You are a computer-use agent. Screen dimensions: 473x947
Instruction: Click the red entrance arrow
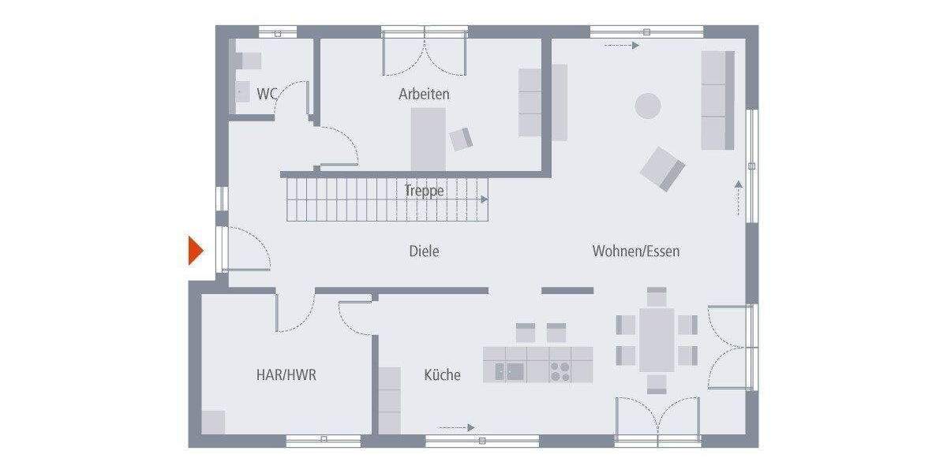coord(195,251)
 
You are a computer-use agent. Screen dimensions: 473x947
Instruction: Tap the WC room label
coord(267,94)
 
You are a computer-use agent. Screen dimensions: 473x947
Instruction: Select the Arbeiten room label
coord(424,94)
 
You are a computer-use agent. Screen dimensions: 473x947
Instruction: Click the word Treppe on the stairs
coord(424,190)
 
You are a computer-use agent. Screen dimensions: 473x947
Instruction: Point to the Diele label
coord(424,251)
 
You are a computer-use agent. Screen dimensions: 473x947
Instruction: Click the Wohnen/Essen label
coord(636,251)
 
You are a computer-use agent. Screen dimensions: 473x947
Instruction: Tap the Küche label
coord(442,375)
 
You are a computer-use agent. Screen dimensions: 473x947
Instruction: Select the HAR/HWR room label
coord(286,375)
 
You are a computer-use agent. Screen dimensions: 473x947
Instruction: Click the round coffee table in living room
coord(649,106)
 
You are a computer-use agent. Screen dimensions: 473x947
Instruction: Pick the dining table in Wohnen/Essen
coord(657,340)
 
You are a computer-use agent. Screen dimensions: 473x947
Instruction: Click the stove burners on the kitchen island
coord(560,371)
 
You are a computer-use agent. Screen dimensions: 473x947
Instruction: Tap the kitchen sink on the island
coord(509,371)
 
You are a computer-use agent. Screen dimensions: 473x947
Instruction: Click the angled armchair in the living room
coord(662,169)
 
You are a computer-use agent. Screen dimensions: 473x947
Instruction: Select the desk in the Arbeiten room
coord(428,139)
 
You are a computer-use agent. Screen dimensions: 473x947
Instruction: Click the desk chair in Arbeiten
coord(461,139)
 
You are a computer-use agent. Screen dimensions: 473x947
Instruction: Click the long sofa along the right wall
coord(717,100)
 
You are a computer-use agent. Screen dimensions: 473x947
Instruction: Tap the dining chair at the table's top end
coord(657,296)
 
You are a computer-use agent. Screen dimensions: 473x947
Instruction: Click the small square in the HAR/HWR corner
coord(213,422)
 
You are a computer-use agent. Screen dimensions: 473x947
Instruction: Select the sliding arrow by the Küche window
coord(457,427)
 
